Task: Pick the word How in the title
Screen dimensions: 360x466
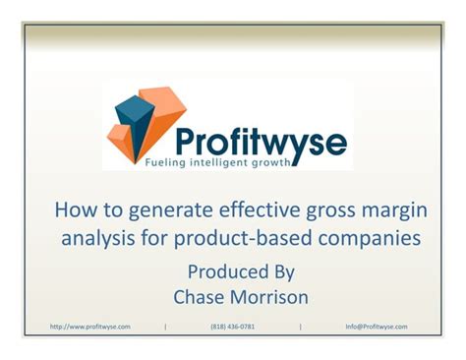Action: coord(71,210)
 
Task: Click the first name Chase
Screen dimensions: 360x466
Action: coord(200,296)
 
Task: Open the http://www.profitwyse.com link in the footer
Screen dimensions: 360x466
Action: coord(89,327)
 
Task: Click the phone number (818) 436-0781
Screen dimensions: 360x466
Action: coord(233,327)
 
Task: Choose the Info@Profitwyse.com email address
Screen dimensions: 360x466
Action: coord(377,327)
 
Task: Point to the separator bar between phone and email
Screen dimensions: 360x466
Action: coord(300,327)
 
